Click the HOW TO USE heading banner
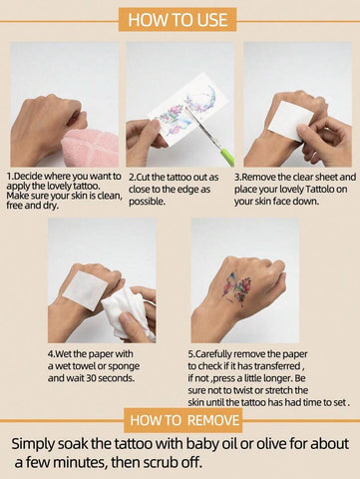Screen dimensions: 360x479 [178, 20]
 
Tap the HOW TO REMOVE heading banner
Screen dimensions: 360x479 [183, 420]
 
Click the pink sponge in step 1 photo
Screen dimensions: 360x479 [91, 148]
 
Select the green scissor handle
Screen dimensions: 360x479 [228, 158]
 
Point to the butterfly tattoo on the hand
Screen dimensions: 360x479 [237, 287]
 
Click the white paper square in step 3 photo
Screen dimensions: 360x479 [290, 121]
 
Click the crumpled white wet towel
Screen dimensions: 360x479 [128, 312]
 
